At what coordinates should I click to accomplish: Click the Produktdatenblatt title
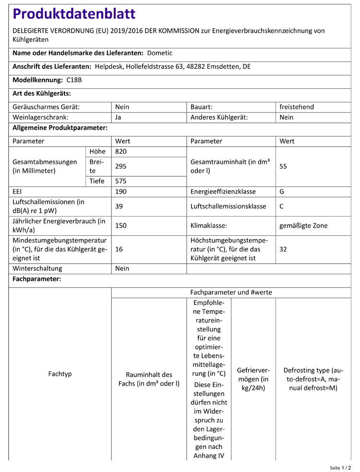click(74, 14)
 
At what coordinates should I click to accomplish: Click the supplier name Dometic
click(160, 53)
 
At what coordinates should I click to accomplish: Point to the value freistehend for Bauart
click(297, 107)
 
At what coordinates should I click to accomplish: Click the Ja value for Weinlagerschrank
click(118, 117)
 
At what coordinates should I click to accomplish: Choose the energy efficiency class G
click(282, 192)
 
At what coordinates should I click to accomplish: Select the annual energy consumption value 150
click(121, 226)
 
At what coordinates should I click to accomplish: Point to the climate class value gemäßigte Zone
click(303, 226)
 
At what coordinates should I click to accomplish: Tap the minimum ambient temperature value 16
click(119, 249)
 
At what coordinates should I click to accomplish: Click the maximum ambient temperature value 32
click(283, 249)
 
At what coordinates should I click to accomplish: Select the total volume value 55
click(283, 167)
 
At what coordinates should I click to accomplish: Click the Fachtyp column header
click(60, 374)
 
